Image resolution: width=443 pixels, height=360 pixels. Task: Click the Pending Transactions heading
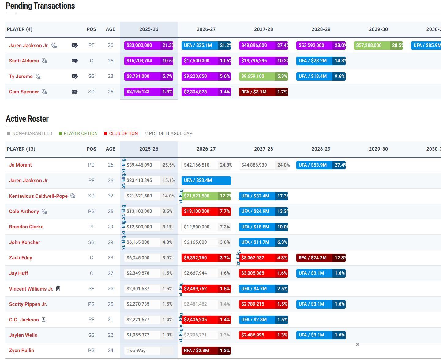click(x=40, y=6)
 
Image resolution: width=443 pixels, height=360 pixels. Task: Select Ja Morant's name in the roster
click(x=21, y=165)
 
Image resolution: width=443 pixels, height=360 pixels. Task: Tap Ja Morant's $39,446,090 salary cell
click(x=139, y=165)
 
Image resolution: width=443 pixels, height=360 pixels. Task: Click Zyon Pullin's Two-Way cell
click(x=136, y=351)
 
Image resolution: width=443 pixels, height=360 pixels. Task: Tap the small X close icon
click(x=358, y=345)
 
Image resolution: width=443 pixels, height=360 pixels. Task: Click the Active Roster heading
click(x=27, y=119)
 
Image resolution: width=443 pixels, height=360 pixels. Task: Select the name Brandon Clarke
click(x=26, y=227)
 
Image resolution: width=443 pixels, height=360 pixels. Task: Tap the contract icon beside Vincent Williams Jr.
click(x=58, y=289)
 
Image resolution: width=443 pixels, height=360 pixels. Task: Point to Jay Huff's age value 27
click(x=111, y=273)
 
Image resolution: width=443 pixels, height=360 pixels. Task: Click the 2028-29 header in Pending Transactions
click(x=321, y=29)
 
